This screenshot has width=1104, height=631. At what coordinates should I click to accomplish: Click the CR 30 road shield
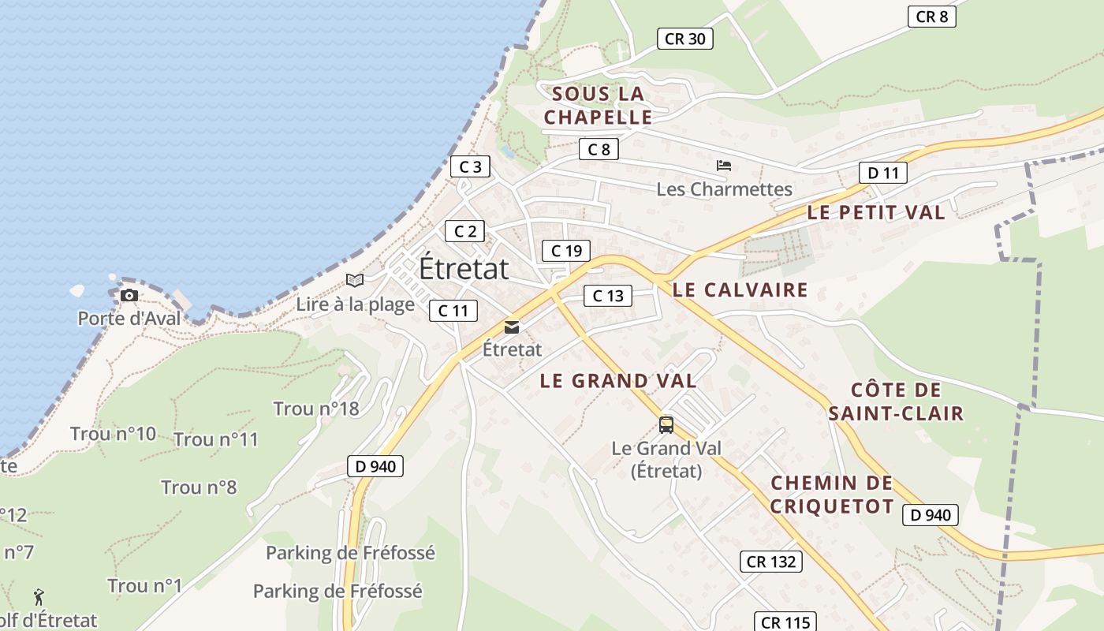684,39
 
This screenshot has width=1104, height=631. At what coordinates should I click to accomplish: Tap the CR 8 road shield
931,17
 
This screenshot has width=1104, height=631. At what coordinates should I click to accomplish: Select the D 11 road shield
882,173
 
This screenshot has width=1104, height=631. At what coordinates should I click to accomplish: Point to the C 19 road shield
565,251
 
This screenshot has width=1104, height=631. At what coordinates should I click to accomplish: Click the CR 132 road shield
770,562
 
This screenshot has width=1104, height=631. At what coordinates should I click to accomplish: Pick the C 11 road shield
453,311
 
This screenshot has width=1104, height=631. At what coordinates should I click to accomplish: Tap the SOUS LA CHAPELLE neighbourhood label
599,106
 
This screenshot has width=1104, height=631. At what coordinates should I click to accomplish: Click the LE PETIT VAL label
875,212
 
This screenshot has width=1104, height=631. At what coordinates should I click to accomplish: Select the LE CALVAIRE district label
740,289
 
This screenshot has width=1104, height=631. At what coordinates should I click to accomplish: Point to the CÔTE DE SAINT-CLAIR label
896,401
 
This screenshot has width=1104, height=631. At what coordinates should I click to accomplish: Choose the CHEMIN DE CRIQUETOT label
831,495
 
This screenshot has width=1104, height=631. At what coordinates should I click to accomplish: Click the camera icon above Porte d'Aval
129,296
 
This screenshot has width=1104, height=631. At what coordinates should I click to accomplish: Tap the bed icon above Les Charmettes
724,166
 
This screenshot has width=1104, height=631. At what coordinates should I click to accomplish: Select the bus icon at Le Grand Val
666,425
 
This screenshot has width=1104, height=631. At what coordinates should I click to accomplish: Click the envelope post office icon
512,327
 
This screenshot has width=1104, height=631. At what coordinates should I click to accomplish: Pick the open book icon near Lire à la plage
355,280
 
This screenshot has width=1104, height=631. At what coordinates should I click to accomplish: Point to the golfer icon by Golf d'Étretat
39,597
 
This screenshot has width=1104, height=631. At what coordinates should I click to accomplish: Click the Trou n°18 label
315,409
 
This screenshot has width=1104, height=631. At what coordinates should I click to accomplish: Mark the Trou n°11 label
215,439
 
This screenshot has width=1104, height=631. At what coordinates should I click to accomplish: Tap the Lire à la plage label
355,304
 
